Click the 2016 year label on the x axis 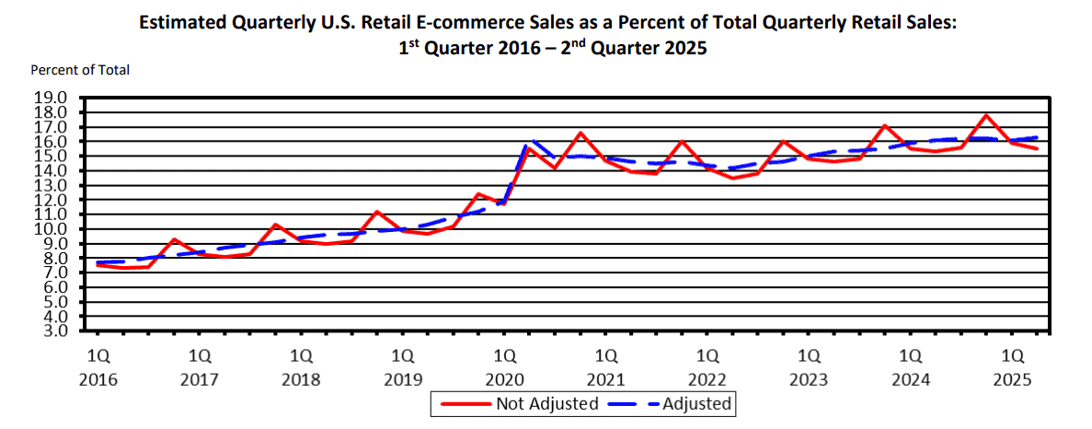98,379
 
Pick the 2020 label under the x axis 504,379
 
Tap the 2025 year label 1012,379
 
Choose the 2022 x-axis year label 707,379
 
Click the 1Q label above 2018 301,354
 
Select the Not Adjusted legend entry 546,403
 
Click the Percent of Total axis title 80,69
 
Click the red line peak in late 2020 580,133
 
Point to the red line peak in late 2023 885,125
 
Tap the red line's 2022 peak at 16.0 682,141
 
